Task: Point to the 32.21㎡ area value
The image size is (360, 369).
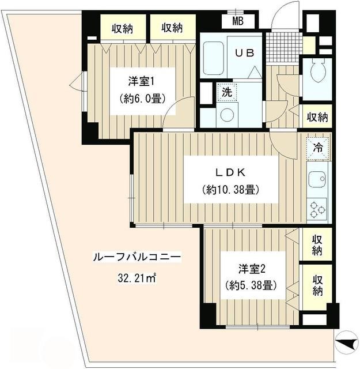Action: [137, 278]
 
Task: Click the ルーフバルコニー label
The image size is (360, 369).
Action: [137, 258]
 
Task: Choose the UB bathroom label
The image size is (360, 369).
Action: [244, 51]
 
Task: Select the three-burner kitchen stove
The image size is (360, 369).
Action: [317, 209]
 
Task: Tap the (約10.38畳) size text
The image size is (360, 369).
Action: [229, 190]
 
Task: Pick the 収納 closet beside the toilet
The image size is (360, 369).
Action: [317, 117]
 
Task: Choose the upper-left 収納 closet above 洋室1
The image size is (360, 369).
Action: [122, 28]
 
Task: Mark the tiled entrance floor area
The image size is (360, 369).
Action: [283, 41]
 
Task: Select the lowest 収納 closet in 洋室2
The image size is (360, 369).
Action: [317, 284]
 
